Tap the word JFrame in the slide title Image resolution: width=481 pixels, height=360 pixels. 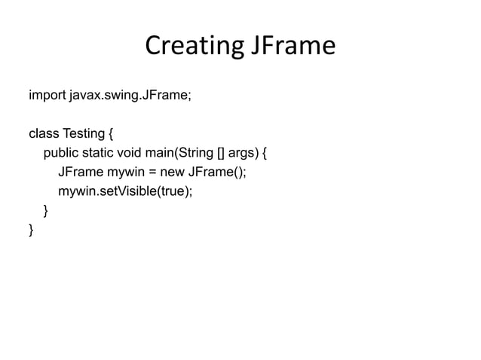coord(291,47)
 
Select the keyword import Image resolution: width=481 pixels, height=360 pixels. coord(47,96)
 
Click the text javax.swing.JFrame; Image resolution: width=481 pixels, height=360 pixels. coord(129,96)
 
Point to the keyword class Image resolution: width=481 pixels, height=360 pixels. coord(43,135)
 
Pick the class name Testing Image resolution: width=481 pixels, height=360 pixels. coord(83,135)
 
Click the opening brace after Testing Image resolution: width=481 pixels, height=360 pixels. coord(111,135)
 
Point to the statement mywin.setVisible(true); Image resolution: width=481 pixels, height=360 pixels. coord(125,191)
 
